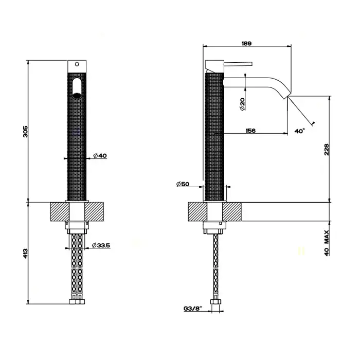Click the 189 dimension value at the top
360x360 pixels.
click(246, 43)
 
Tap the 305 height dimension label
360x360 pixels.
click(26, 131)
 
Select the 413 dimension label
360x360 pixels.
click(26, 253)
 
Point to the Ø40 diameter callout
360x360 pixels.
click(100, 155)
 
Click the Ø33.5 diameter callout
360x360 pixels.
click(101, 245)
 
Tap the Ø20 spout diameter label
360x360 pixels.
click(242, 104)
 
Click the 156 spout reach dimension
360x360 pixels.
click(250, 131)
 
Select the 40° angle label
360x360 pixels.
click(300, 131)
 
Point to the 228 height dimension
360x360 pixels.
click(327, 150)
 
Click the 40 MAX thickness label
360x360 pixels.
click(327, 243)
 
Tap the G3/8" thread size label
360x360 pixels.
click(193, 309)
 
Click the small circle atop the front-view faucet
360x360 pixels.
click(77, 64)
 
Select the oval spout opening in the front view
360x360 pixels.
click(77, 88)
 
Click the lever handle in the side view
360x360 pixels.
click(238, 63)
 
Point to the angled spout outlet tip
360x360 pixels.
click(287, 96)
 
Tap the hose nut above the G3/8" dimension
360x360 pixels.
click(216, 302)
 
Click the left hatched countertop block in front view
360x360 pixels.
click(60, 212)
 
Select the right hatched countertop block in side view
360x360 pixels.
click(232, 212)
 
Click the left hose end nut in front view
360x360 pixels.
click(73, 301)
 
